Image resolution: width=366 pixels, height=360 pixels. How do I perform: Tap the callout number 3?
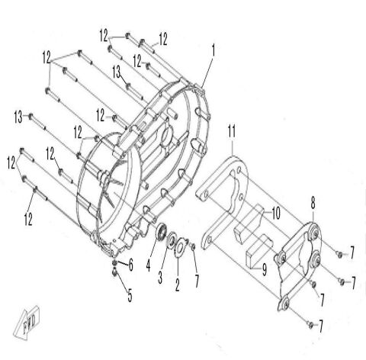point(160,275)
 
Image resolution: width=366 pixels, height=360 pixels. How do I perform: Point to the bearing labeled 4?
point(163,234)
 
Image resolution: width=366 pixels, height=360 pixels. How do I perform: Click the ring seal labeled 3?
point(172,239)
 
